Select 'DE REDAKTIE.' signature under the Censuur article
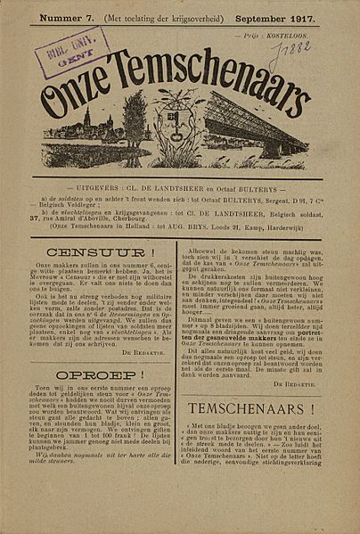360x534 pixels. [x=149, y=361]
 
